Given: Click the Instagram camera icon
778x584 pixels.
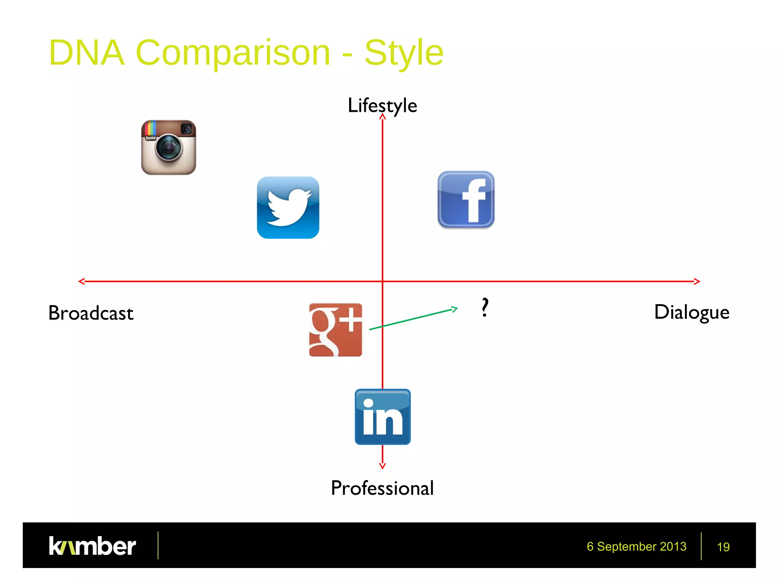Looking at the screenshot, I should [x=168, y=148].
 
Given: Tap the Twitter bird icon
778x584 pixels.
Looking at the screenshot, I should [x=288, y=208].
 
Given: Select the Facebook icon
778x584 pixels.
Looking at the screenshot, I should [x=466, y=200].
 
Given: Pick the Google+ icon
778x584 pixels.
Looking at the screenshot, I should [x=335, y=330].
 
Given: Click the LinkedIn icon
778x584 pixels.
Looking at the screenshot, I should [x=383, y=417].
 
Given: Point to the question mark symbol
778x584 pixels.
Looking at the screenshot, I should [x=485, y=307].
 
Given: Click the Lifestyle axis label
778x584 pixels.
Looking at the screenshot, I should [x=382, y=105].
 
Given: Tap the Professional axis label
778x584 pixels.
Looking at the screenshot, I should [x=382, y=488].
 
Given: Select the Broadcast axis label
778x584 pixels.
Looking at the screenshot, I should [x=91, y=313].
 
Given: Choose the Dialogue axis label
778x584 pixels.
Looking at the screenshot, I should [x=691, y=313].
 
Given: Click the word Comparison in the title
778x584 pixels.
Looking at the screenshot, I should [x=232, y=52].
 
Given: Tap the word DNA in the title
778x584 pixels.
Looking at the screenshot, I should [x=87, y=52].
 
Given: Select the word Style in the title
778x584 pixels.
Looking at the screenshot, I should [x=404, y=52].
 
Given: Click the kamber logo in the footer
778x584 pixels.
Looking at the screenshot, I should [x=92, y=546].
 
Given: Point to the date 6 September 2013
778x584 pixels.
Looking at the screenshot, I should [x=636, y=546].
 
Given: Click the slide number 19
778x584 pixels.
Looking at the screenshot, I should [x=723, y=547].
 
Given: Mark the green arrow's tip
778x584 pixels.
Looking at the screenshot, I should [x=457, y=308].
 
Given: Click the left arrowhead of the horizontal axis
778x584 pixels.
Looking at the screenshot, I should [x=80, y=281].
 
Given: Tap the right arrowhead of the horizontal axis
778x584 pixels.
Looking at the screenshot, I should [x=699, y=281].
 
